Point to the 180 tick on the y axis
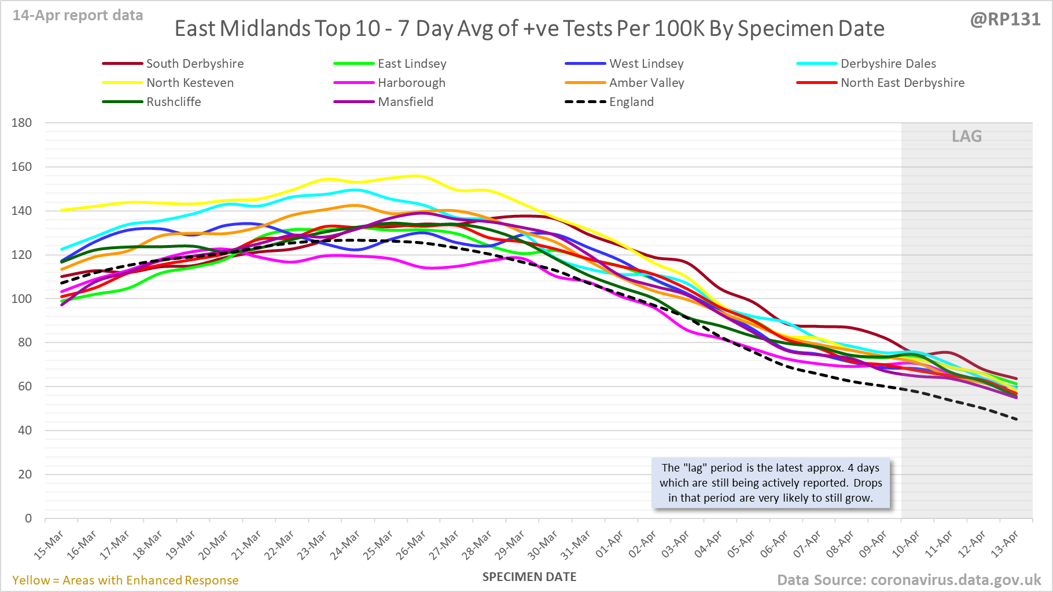click(22, 123)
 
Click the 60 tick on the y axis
click(25, 386)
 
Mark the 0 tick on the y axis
click(28, 518)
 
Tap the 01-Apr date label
click(610, 545)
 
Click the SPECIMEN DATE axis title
click(529, 577)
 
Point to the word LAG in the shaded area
click(967, 137)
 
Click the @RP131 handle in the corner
click(1005, 20)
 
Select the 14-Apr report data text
click(78, 16)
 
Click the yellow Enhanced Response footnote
click(126, 580)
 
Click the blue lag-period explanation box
click(771, 483)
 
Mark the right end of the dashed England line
click(1016, 419)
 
